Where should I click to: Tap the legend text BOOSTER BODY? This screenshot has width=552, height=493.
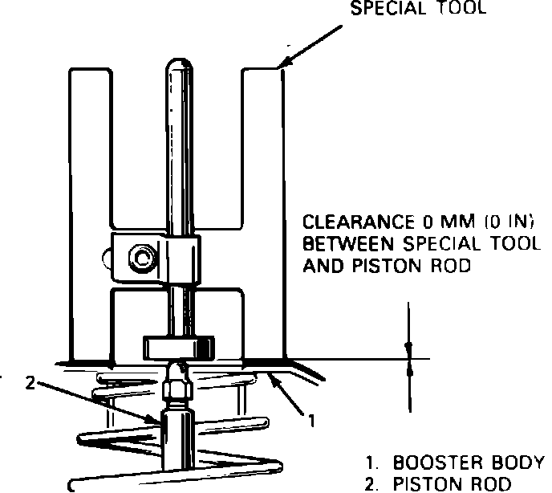point(469,463)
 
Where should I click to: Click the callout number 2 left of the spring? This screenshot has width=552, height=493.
point(30,384)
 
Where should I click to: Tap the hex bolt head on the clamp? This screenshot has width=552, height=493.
point(142,259)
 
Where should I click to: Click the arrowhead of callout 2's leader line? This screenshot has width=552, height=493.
point(160,422)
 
